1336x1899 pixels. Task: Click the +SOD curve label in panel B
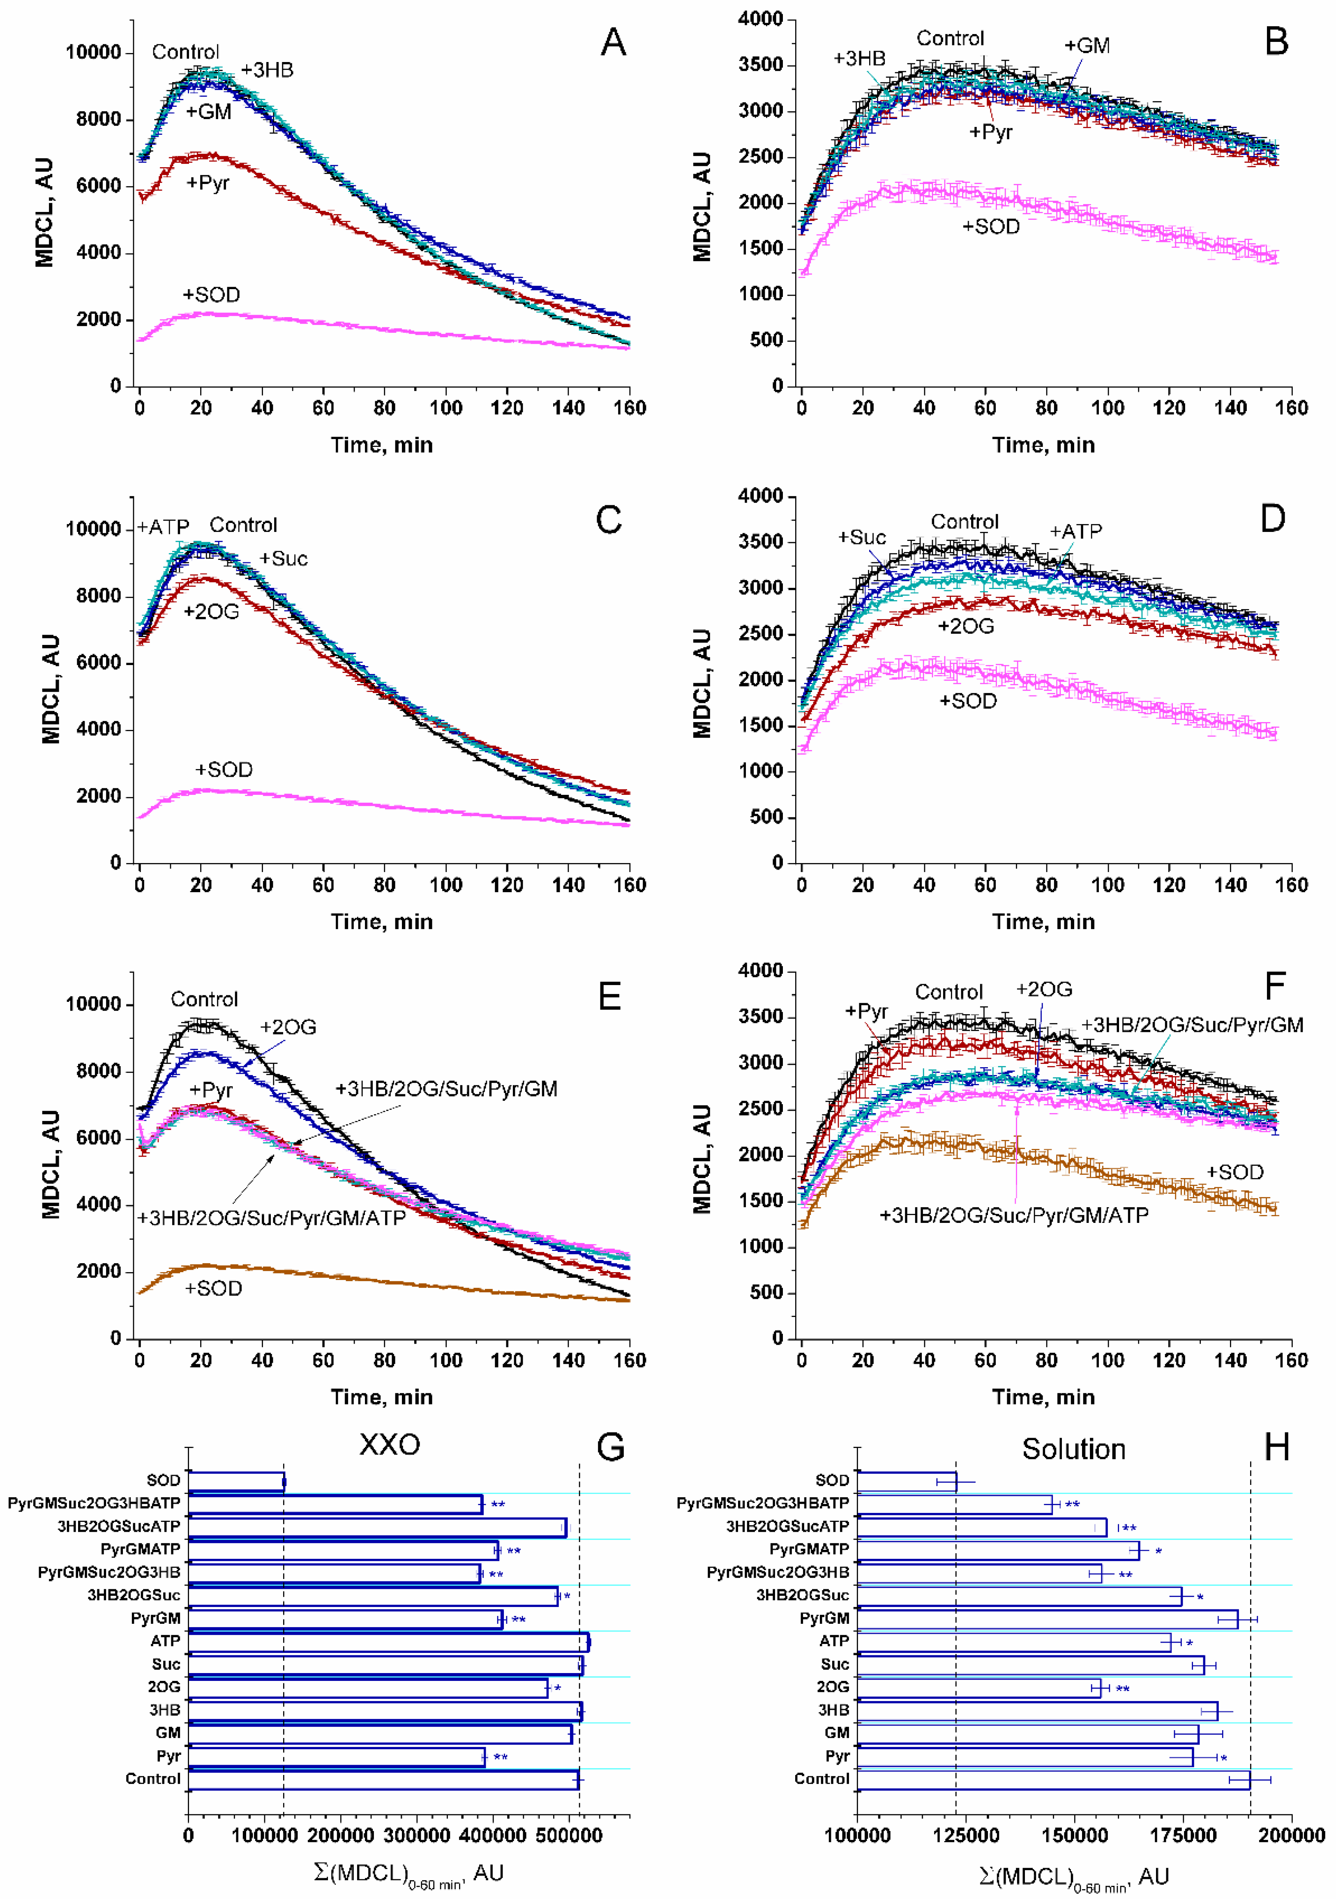coord(991,227)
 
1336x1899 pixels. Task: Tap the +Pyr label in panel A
coord(208,183)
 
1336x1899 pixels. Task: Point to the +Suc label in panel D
coord(862,538)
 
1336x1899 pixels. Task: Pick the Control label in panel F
coord(949,992)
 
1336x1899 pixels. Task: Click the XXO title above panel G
coord(390,1445)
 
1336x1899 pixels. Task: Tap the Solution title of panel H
coord(1074,1449)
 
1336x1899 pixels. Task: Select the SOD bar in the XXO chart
coord(236,1481)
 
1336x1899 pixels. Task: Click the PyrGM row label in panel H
coord(825,1618)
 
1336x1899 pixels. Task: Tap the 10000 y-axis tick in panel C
coord(93,529)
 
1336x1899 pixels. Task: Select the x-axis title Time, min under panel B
coord(1043,445)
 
